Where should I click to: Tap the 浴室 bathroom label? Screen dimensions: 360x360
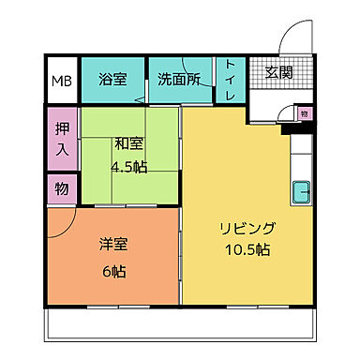tap(112, 80)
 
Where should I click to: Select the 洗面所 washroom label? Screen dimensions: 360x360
tap(178, 80)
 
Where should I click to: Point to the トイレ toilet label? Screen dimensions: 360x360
tap(230, 81)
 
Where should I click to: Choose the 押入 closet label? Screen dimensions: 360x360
tap(62, 139)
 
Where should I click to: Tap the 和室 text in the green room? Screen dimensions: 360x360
tap(128, 143)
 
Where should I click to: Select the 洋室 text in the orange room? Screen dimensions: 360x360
tap(113, 246)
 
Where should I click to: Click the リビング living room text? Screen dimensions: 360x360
tap(247, 228)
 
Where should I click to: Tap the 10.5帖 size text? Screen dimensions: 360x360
tap(247, 250)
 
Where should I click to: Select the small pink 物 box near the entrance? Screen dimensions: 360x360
tap(304, 113)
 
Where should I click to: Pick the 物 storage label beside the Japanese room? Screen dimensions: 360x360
tap(62, 188)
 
